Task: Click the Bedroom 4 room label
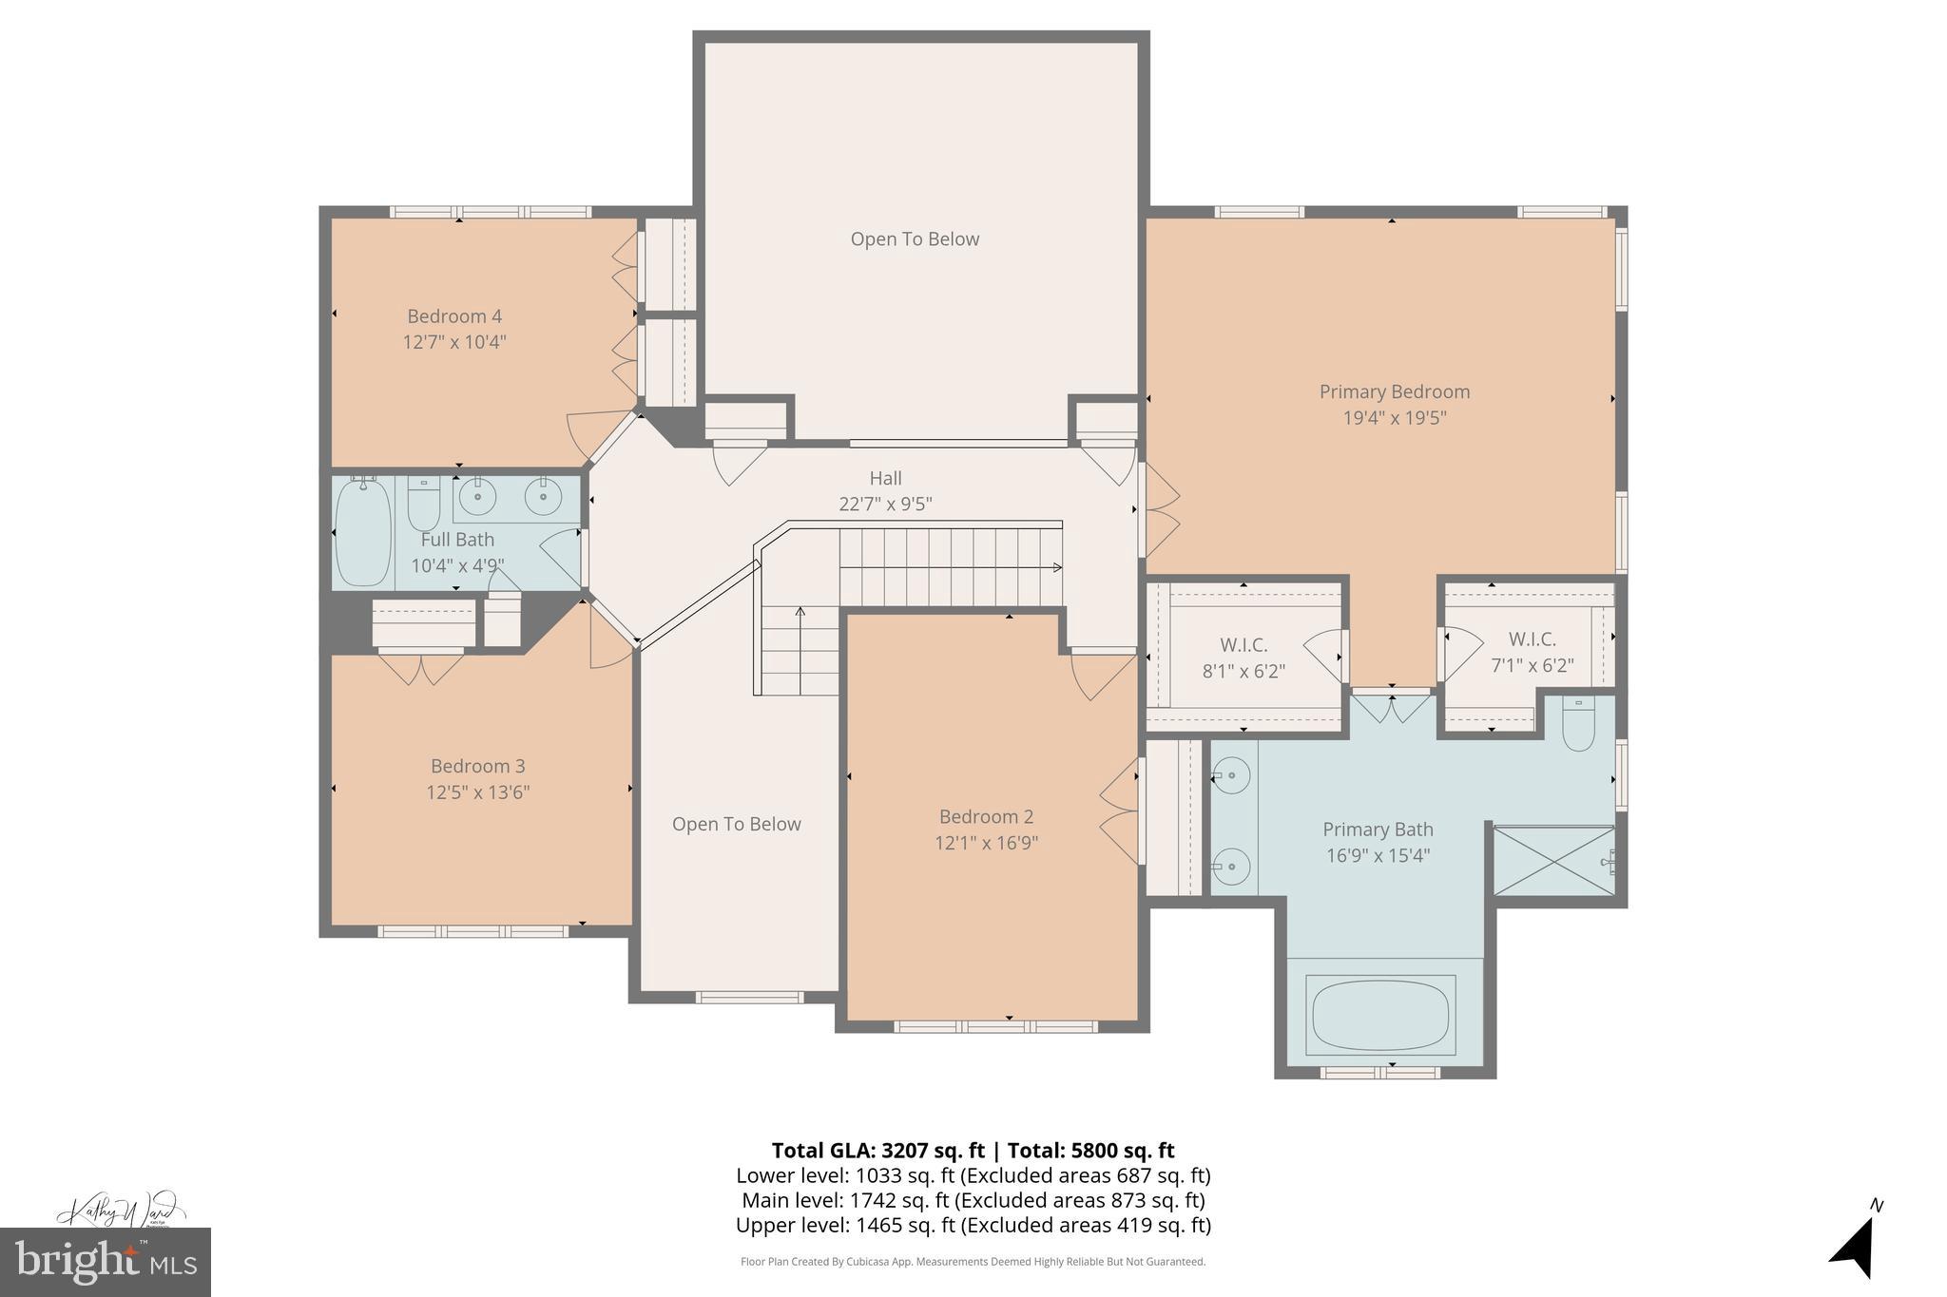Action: point(453,316)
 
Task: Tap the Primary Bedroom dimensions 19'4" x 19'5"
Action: point(1394,417)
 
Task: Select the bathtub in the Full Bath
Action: point(362,533)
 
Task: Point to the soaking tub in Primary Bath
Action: point(1380,1015)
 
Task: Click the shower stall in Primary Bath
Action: point(1553,861)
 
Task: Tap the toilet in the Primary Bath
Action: point(1578,726)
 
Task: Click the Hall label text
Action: point(885,479)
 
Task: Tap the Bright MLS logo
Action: point(105,1262)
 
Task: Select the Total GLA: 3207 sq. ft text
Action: point(877,1151)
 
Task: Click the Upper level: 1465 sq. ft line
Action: point(973,1226)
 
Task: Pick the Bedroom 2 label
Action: point(986,817)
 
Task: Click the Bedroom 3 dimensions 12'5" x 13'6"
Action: point(477,792)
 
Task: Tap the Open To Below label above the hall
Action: point(915,239)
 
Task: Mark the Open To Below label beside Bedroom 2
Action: point(736,825)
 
